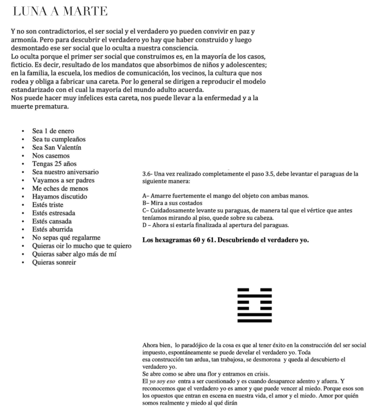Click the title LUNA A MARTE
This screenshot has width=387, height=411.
click(x=60, y=12)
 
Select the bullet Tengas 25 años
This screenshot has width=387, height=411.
click(x=54, y=164)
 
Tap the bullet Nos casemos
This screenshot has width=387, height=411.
click(x=51, y=155)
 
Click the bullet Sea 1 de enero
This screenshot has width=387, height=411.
click(x=53, y=131)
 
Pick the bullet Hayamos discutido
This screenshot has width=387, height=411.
click(x=59, y=197)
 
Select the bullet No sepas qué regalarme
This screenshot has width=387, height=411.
click(x=66, y=238)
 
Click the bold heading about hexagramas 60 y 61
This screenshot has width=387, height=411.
click(x=225, y=241)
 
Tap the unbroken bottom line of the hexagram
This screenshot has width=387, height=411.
click(x=254, y=321)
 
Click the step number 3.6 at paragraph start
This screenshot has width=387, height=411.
click(x=147, y=174)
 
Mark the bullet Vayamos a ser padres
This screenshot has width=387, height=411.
click(x=63, y=180)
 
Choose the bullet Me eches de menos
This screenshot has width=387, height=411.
click(x=60, y=188)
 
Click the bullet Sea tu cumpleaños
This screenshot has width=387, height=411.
click(x=59, y=139)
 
